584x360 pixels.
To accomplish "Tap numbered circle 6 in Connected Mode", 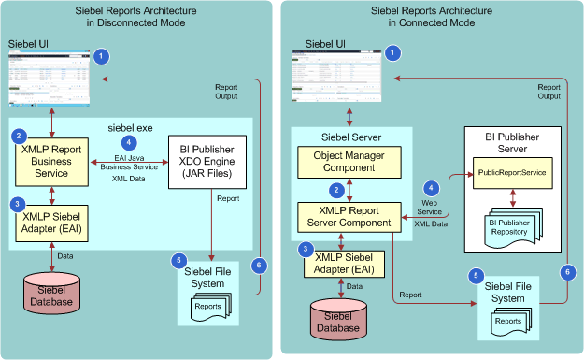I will click(566, 271).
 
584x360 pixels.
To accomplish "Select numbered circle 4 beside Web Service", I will click(431, 188).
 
